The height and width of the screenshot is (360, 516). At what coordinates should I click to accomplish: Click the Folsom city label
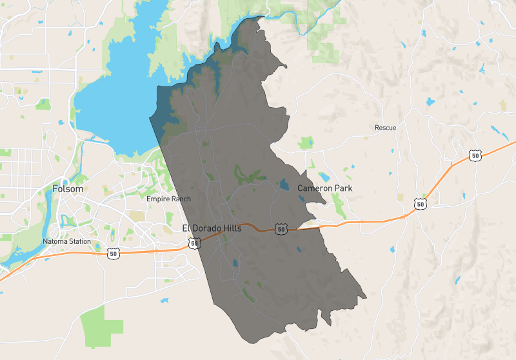click(x=68, y=189)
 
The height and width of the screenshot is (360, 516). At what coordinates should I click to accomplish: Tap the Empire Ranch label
click(x=168, y=199)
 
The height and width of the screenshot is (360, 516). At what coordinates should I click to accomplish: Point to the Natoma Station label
click(x=66, y=241)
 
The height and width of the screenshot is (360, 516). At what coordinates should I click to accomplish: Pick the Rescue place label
click(x=385, y=128)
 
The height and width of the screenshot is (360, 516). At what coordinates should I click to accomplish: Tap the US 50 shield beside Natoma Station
click(x=114, y=254)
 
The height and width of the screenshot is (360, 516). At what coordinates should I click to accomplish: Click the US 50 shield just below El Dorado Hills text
click(x=193, y=243)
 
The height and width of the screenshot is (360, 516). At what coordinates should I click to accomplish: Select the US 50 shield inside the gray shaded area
click(x=280, y=229)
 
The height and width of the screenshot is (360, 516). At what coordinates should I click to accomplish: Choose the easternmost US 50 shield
click(x=475, y=155)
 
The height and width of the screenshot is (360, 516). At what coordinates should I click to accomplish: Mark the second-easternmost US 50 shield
click(x=421, y=204)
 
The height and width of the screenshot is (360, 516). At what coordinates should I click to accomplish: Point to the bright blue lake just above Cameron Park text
click(x=324, y=177)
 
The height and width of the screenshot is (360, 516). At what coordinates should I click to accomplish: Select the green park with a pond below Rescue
click(x=306, y=143)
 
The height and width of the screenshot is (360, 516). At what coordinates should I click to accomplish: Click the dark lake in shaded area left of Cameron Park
click(x=284, y=185)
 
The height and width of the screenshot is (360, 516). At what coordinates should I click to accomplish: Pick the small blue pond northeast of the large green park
click(x=166, y=301)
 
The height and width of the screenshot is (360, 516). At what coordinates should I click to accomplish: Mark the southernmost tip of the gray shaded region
click(x=245, y=342)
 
